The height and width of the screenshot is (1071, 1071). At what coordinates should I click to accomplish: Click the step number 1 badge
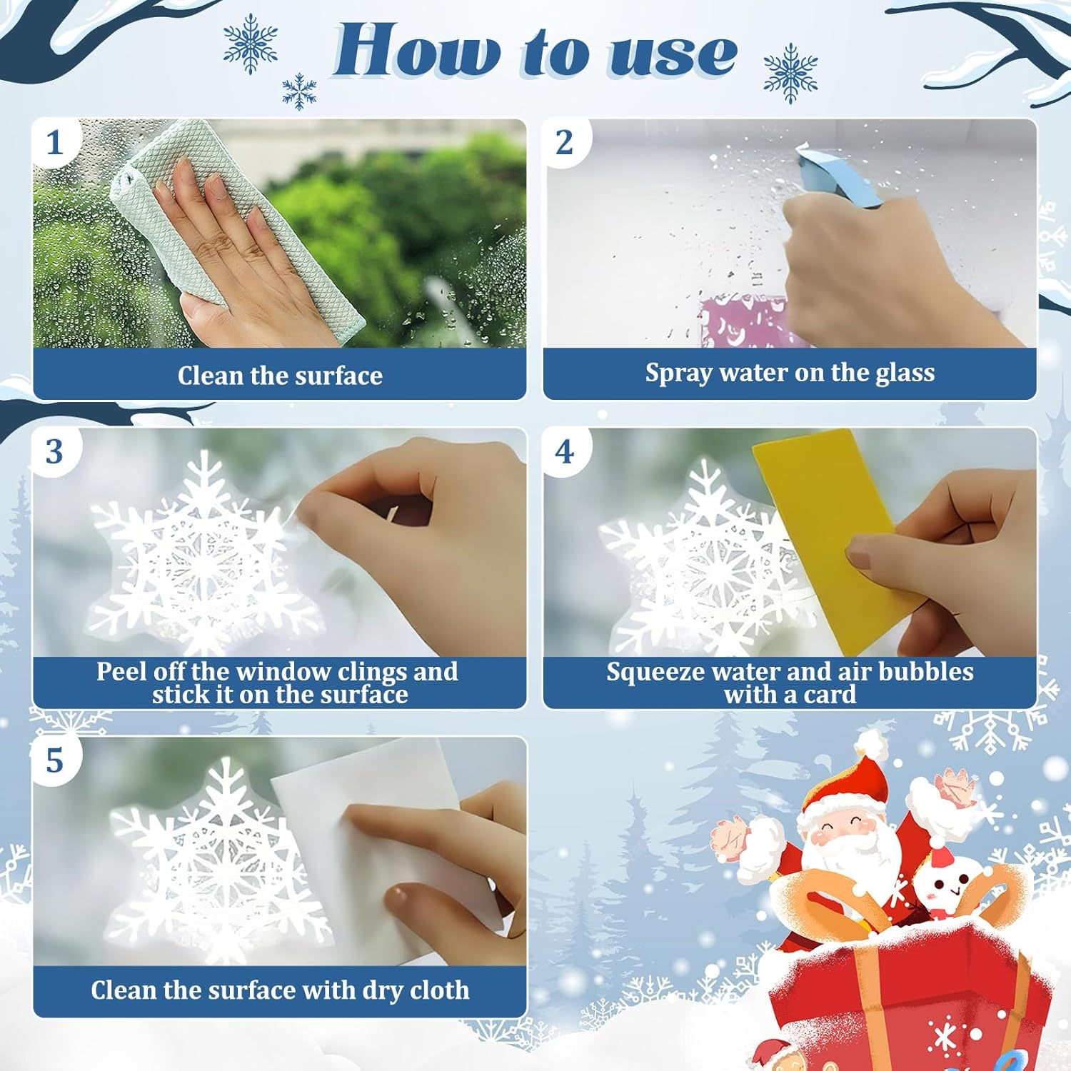pos(54,143)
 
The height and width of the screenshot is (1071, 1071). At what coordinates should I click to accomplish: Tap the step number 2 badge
pos(564,143)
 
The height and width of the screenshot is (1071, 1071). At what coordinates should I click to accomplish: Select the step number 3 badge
pos(54,452)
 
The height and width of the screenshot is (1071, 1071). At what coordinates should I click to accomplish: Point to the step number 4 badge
pos(564,452)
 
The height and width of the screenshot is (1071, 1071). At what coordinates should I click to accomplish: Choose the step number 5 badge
pos(54,761)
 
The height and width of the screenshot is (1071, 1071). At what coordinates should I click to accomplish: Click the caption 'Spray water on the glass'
pos(790,373)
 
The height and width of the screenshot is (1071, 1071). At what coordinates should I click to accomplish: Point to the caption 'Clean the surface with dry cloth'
pos(280,990)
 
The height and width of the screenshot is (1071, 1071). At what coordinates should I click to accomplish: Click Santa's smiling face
pos(850,832)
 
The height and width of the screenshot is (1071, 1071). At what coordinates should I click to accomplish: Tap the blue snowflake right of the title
pos(790,73)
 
